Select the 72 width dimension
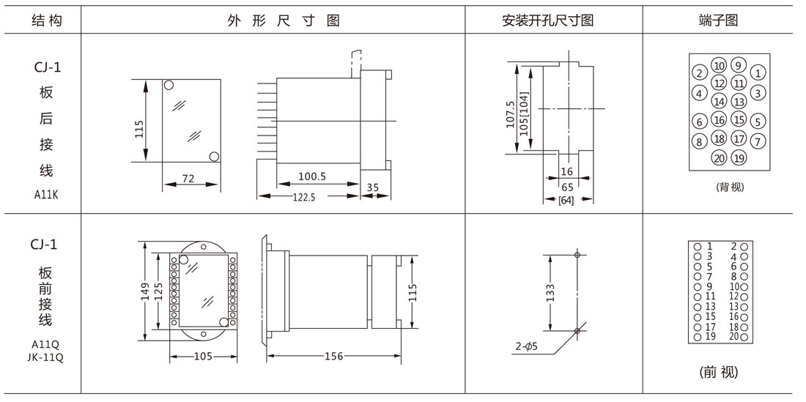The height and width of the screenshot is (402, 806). pyautogui.click(x=187, y=177)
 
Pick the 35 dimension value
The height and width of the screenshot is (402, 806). pyautogui.click(x=372, y=187)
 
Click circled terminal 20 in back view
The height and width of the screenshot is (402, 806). pyautogui.click(x=719, y=157)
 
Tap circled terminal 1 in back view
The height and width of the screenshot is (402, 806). pyautogui.click(x=758, y=72)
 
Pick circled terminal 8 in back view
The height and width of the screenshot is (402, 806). pyautogui.click(x=700, y=141)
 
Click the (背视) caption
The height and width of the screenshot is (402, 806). pyautogui.click(x=729, y=187)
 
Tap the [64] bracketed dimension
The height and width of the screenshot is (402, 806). pyautogui.click(x=566, y=200)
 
